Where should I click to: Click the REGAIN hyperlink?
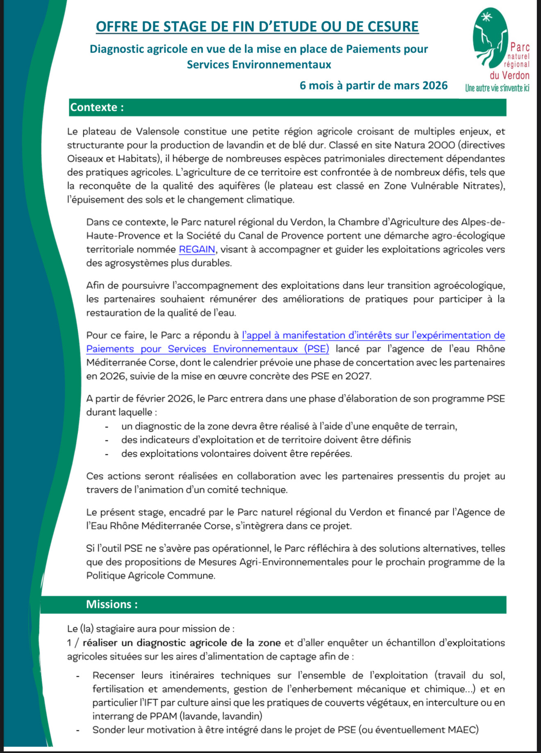[x=197, y=249]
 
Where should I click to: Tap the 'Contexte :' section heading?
[x=97, y=107]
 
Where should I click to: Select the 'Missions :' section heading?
[x=111, y=604]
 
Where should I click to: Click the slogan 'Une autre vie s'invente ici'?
[x=497, y=88]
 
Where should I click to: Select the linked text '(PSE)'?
[x=316, y=349]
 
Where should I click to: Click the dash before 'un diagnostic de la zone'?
[x=107, y=427]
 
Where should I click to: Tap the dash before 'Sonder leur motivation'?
[x=77, y=730]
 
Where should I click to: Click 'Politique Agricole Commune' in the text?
[x=150, y=575]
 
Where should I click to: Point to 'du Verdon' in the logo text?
[x=509, y=75]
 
